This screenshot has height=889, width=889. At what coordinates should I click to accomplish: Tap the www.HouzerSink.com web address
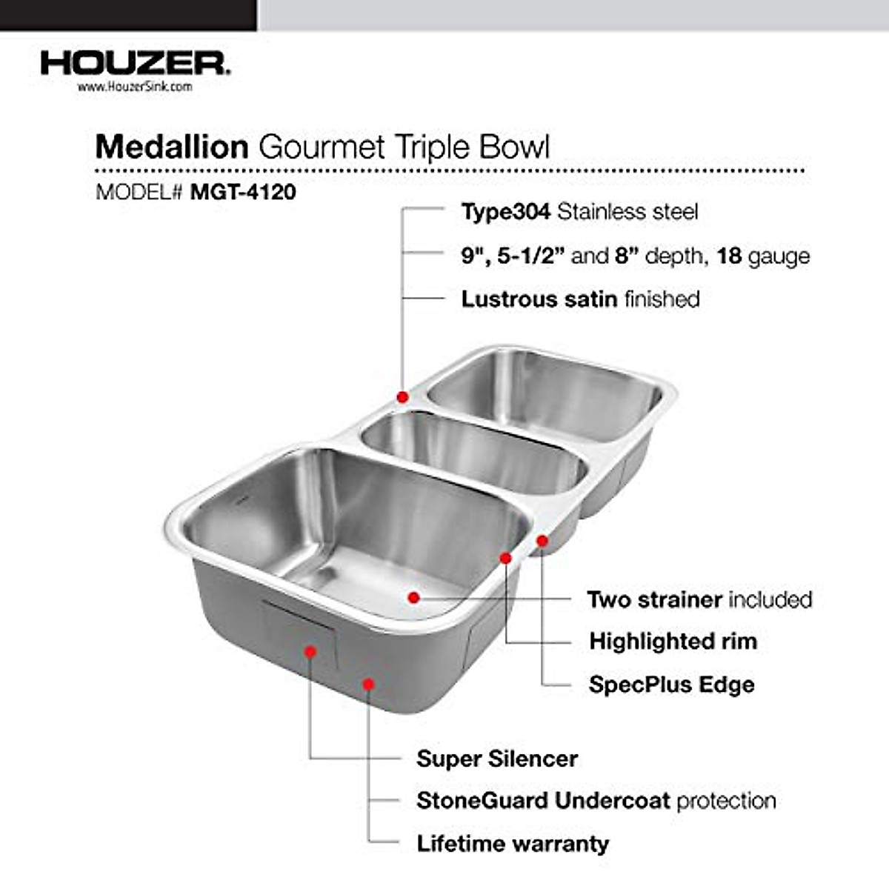(x=135, y=87)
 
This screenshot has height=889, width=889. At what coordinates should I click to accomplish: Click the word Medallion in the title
(x=171, y=147)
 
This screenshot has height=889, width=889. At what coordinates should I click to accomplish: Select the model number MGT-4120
(x=243, y=192)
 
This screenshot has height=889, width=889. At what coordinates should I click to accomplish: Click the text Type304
(x=505, y=212)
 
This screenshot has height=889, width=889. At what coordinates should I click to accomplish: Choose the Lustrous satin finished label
(x=580, y=299)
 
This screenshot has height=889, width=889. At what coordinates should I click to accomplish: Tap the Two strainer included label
(x=699, y=599)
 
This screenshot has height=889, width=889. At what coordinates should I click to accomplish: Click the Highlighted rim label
(x=673, y=642)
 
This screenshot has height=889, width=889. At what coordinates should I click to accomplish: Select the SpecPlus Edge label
(x=671, y=684)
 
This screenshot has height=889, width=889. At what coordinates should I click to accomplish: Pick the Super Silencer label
(x=496, y=759)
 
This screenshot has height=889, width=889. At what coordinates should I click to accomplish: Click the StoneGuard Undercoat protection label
(x=596, y=801)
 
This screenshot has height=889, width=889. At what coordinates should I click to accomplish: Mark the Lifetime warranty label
(x=512, y=843)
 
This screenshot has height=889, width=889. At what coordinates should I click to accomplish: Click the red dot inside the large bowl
(x=413, y=596)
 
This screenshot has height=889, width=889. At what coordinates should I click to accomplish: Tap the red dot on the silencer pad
(x=310, y=651)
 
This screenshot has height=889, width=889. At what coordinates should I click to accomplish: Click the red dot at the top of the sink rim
(x=402, y=397)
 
